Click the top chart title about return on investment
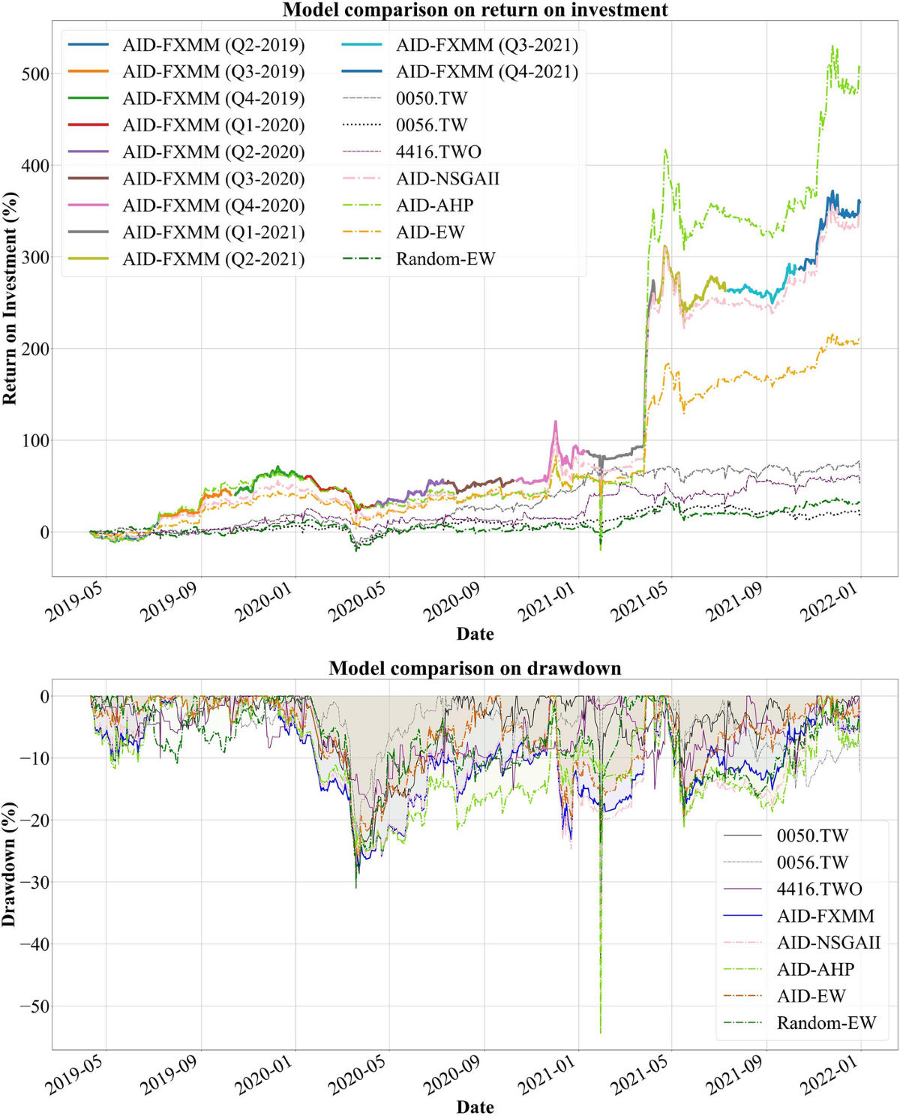tap(475, 10)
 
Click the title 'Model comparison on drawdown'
tap(475, 667)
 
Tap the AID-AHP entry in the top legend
tap(434, 205)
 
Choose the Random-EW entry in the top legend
tap(445, 259)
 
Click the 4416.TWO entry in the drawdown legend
tap(819, 889)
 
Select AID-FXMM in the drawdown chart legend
tap(825, 916)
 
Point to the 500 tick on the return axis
tap(35, 74)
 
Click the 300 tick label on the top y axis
tap(35, 257)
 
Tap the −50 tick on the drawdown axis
tap(30, 1006)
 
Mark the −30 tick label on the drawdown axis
tap(30, 883)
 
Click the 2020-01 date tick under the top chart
tap(263, 603)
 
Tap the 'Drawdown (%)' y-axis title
tap(10, 864)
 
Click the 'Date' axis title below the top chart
tap(475, 634)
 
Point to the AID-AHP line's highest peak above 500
tap(832, 46)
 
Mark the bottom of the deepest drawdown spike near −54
tap(601, 1033)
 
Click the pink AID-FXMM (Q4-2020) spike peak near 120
tap(556, 421)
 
